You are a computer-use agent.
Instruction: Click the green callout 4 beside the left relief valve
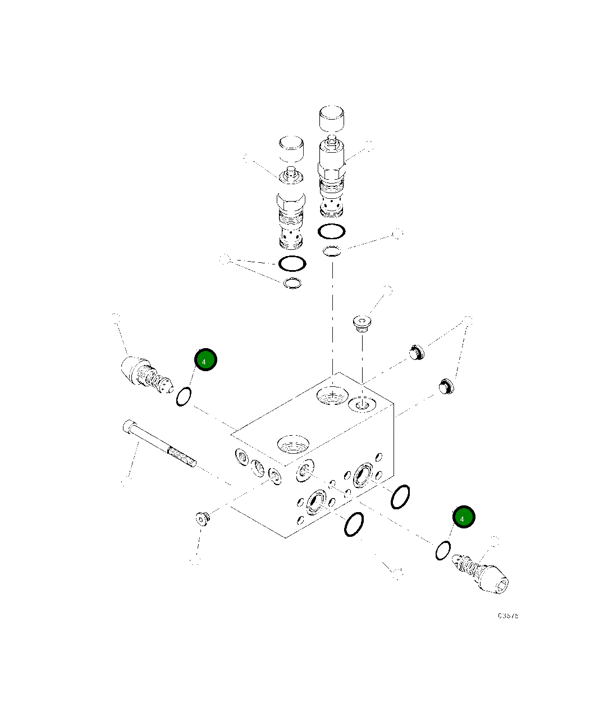(x=205, y=360)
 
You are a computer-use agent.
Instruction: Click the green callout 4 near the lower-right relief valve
(x=464, y=517)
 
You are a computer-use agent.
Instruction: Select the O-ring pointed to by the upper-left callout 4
(x=184, y=396)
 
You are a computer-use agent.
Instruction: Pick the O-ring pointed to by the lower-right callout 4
(x=442, y=550)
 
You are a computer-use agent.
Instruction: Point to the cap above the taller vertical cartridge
(x=331, y=118)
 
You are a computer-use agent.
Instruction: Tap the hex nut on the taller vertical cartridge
(x=331, y=167)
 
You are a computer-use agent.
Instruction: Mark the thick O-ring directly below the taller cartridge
(x=331, y=231)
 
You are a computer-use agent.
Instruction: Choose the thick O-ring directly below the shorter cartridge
(x=292, y=263)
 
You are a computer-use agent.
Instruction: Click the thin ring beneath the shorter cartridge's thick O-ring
(x=292, y=284)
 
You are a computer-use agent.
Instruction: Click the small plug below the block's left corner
(x=203, y=519)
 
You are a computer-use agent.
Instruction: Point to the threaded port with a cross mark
(x=332, y=395)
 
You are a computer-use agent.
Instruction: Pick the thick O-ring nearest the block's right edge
(x=400, y=496)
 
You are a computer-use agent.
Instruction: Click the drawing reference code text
(x=508, y=615)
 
